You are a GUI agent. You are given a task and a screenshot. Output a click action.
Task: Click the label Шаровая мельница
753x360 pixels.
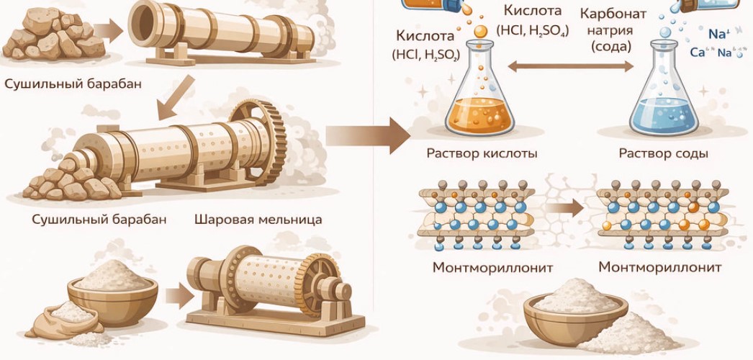pyautogui.click(x=258, y=219)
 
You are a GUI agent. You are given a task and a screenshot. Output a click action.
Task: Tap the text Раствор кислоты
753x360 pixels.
pyautogui.click(x=482, y=153)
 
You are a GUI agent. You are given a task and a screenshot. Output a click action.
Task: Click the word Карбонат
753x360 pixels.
pyautogui.click(x=613, y=14)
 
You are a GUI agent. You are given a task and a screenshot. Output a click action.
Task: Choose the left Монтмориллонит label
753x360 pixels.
pyautogui.click(x=492, y=267)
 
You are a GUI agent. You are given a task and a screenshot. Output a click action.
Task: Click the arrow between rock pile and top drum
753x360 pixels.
pyautogui.click(x=110, y=30)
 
